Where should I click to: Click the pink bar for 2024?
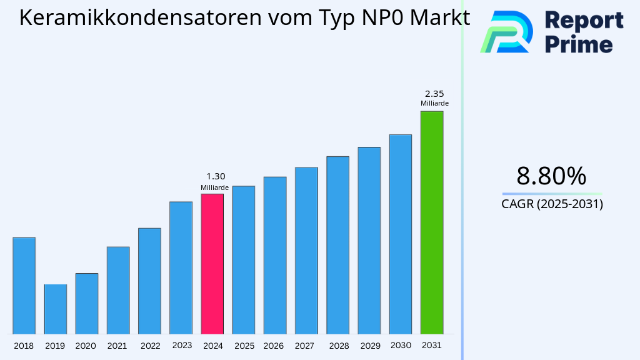[x=212, y=264]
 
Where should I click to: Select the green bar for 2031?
[x=431, y=222]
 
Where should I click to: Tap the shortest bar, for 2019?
[x=55, y=309]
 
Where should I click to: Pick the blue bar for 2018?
[x=24, y=286]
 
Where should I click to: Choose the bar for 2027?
[x=306, y=250]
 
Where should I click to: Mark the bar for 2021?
[x=118, y=290]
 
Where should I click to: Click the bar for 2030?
[x=400, y=234]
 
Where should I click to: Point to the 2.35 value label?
[x=434, y=94]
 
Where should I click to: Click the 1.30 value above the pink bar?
[x=216, y=177]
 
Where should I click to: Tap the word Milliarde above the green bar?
[x=434, y=104]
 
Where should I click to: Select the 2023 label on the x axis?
[x=182, y=345]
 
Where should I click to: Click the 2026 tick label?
[x=274, y=346]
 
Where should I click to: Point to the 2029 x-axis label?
[x=369, y=346]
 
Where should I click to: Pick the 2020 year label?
[x=86, y=346]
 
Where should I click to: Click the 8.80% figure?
[x=551, y=176]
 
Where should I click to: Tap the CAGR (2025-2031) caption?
[x=552, y=204]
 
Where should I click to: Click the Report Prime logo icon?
[x=506, y=32]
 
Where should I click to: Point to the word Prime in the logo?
[x=579, y=44]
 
